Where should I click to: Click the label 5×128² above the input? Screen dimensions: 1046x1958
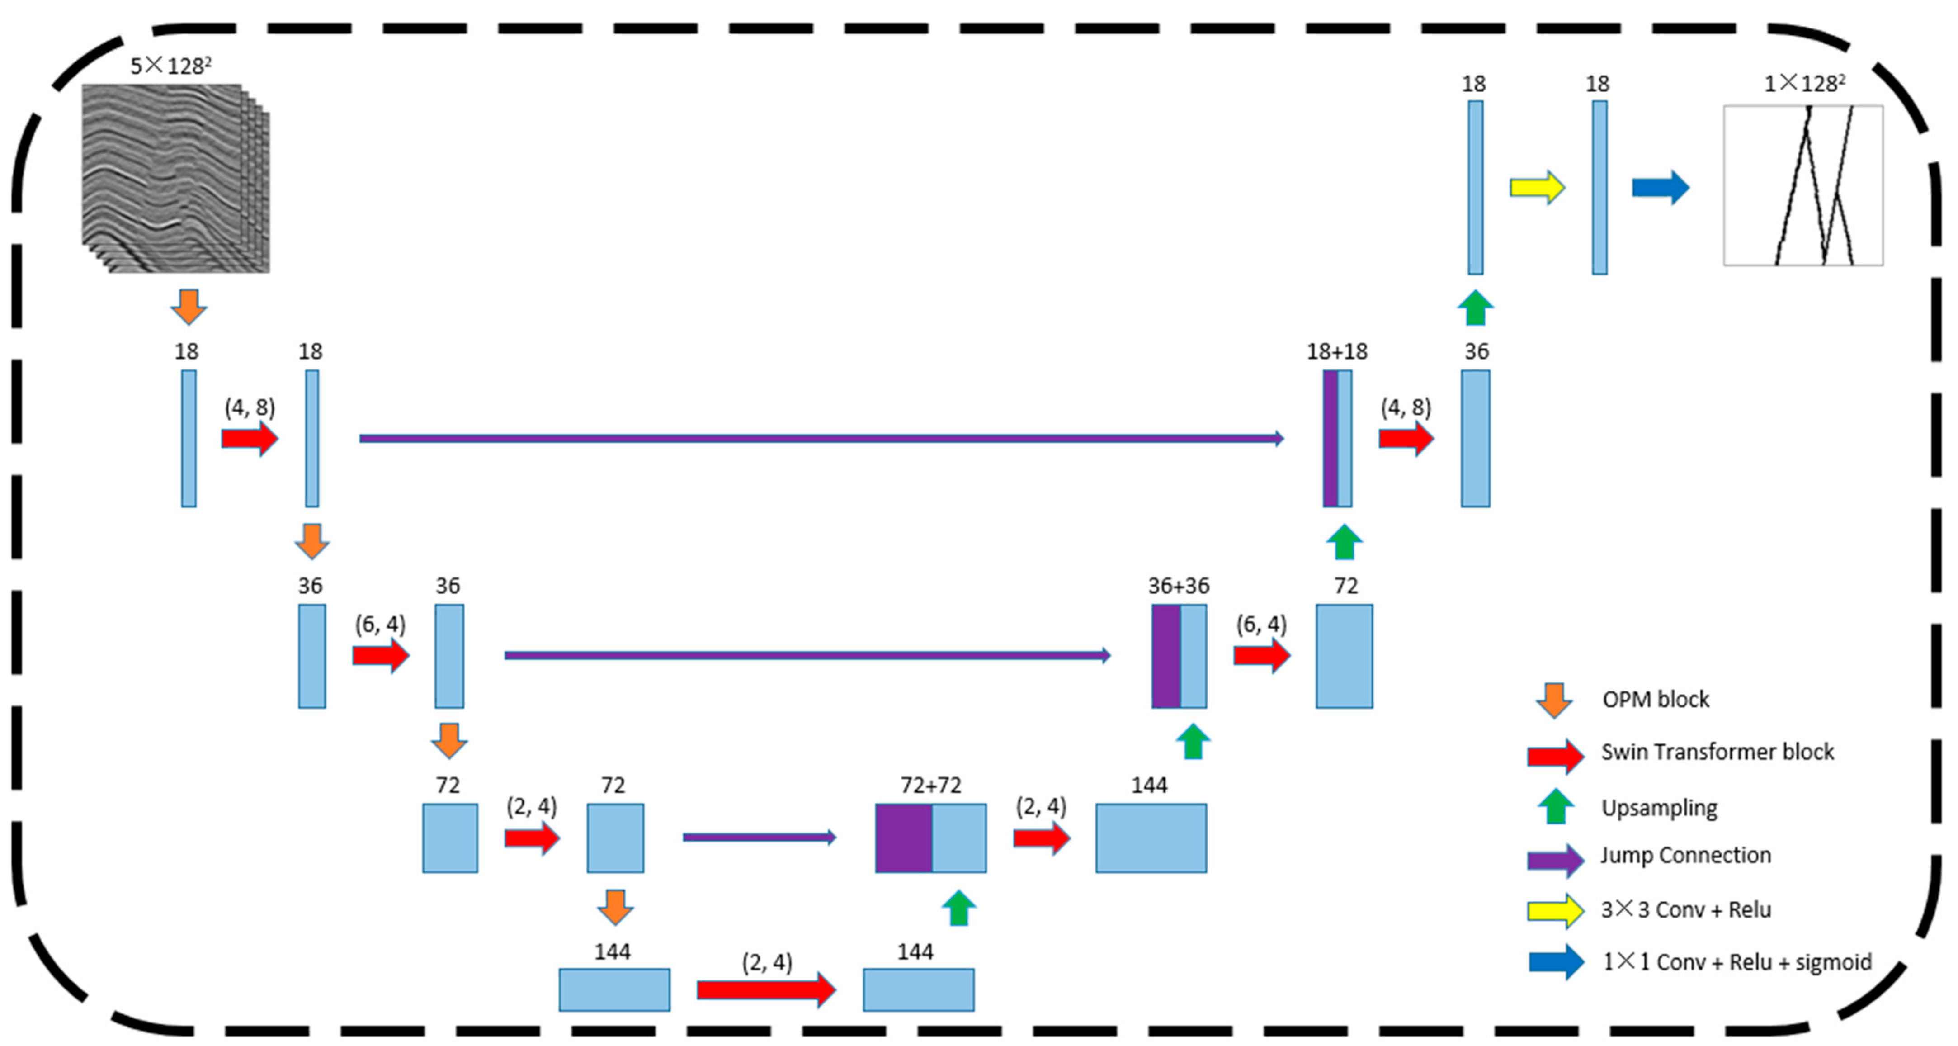(x=170, y=66)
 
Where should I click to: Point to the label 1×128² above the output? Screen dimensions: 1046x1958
(x=1804, y=83)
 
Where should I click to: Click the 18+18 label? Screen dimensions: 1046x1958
(x=1336, y=351)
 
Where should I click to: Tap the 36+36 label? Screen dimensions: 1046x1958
(x=1178, y=585)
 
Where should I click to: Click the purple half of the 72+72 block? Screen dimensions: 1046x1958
(x=904, y=838)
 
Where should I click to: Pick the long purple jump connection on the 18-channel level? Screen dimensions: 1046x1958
(x=821, y=439)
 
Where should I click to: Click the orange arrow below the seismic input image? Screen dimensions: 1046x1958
(x=189, y=306)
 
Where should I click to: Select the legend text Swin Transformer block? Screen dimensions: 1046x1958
(x=1717, y=752)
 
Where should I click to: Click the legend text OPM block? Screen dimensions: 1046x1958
(x=1656, y=699)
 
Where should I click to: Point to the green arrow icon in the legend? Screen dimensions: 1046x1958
(x=1555, y=806)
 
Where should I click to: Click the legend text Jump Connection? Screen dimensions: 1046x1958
(x=1685, y=855)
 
